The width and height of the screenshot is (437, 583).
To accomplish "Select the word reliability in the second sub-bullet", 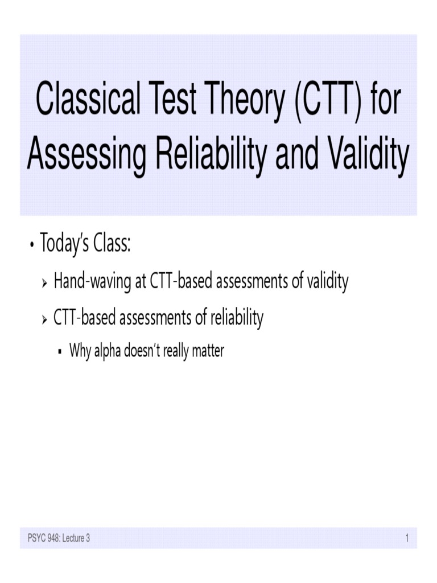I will pyautogui.click(x=237, y=319).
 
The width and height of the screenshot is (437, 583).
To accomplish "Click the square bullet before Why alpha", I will pyautogui.click(x=60, y=352).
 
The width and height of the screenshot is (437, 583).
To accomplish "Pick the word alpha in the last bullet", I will pyautogui.click(x=106, y=351).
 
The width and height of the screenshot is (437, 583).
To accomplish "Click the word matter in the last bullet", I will pyautogui.click(x=208, y=351).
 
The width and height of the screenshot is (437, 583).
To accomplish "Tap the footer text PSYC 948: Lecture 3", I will pyautogui.click(x=59, y=537).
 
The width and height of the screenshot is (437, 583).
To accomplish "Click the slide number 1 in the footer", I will pyautogui.click(x=407, y=537).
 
